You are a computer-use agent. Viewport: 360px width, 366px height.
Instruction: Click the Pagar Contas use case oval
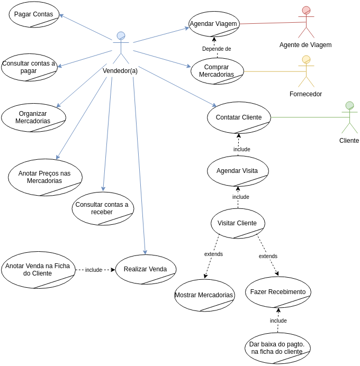pyautogui.click(x=34, y=14)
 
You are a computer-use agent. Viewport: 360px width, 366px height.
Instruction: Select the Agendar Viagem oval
pyautogui.click(x=214, y=24)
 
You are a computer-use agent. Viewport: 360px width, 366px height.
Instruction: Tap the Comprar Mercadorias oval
pyautogui.click(x=217, y=71)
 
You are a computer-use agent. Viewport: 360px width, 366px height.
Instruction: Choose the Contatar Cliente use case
pyautogui.click(x=239, y=117)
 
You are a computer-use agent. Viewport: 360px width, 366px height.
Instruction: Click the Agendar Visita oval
pyautogui.click(x=238, y=171)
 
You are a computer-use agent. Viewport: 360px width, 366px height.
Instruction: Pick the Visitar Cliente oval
pyautogui.click(x=237, y=223)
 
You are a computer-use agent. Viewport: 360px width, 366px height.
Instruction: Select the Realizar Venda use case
pyautogui.click(x=146, y=269)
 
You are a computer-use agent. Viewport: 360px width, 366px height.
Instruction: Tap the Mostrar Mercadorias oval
pyautogui.click(x=204, y=295)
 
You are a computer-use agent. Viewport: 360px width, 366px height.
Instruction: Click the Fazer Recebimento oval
pyautogui.click(x=278, y=292)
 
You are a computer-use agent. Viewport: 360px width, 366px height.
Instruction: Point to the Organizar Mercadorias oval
pyautogui.click(x=33, y=117)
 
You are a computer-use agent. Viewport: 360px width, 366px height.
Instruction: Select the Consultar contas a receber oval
pyautogui.click(x=103, y=208)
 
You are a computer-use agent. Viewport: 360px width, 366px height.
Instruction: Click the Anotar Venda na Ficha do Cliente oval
pyautogui.click(x=38, y=270)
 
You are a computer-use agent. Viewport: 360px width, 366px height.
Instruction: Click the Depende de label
pyautogui.click(x=217, y=49)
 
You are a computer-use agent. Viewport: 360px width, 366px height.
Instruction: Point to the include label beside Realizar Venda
pyautogui.click(x=94, y=270)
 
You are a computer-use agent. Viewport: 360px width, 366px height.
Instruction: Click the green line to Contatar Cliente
pyautogui.click(x=307, y=117)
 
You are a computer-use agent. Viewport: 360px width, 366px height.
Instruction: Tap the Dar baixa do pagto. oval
pyautogui.click(x=277, y=348)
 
